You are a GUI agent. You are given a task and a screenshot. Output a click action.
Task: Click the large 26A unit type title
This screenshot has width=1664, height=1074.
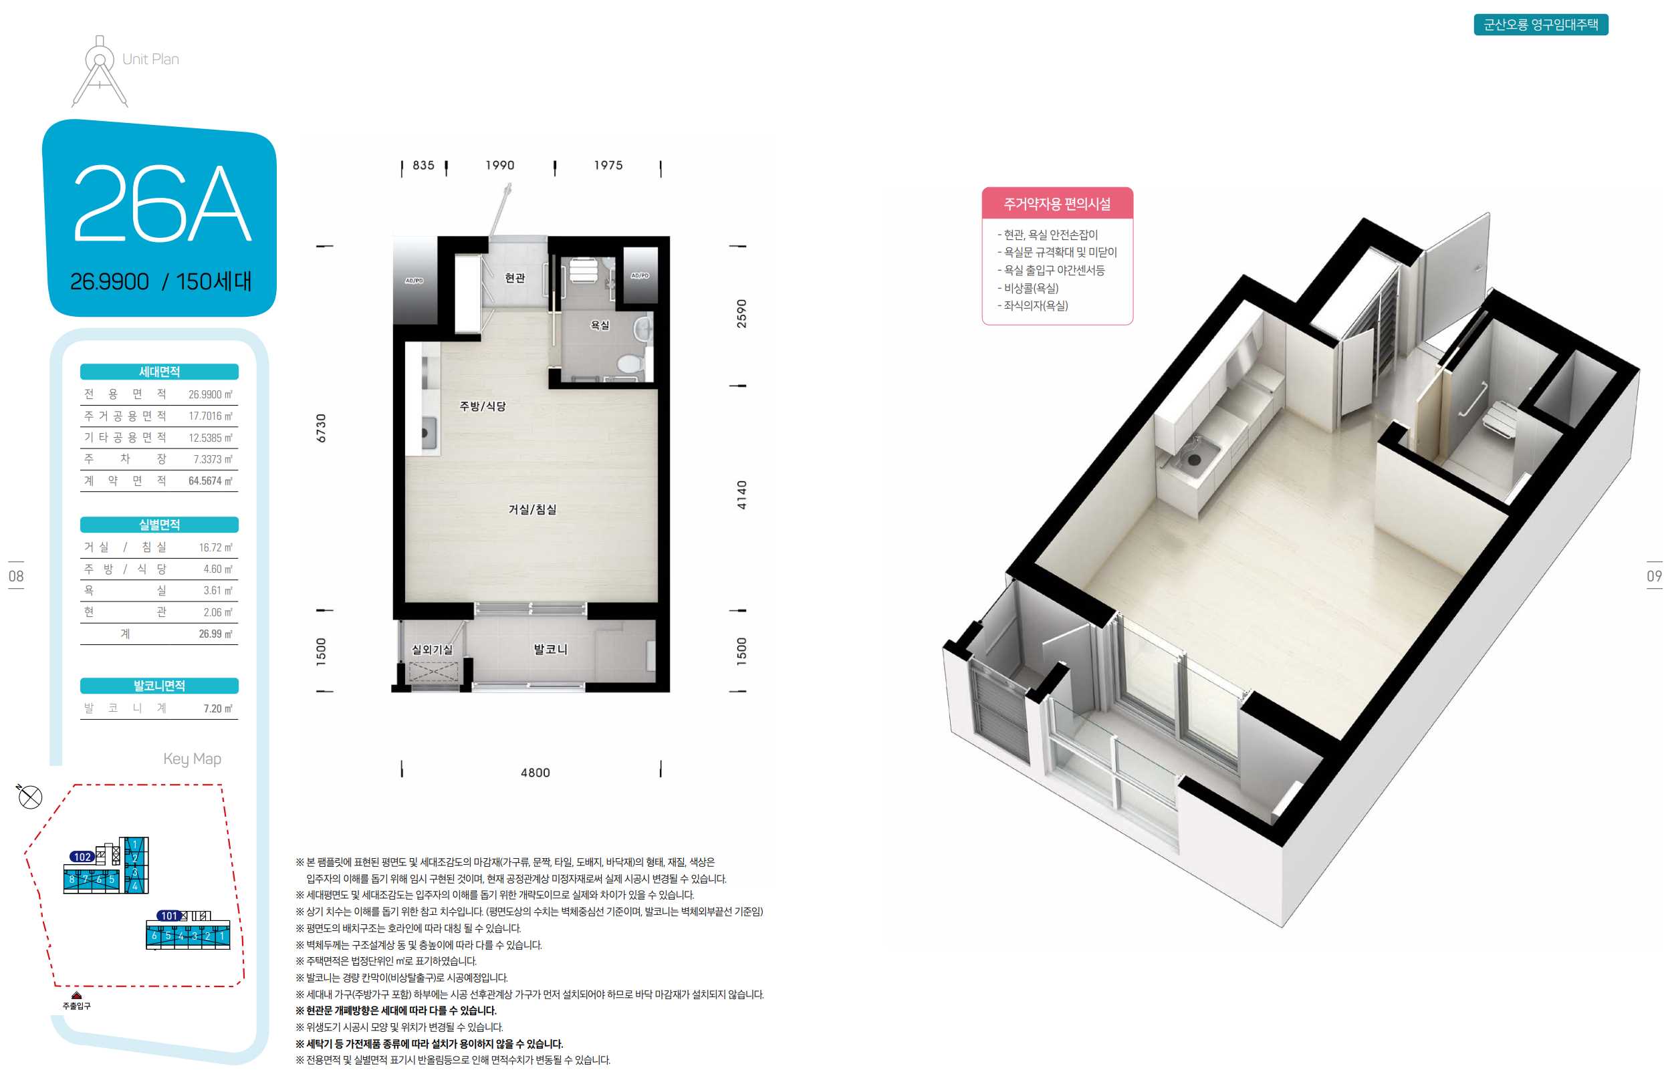click(162, 203)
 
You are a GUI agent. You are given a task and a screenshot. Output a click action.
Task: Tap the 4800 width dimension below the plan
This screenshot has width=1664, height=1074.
click(535, 773)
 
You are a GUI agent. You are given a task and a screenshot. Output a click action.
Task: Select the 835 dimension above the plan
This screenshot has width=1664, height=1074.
click(423, 165)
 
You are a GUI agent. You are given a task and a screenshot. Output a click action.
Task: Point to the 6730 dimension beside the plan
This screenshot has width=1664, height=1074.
click(321, 428)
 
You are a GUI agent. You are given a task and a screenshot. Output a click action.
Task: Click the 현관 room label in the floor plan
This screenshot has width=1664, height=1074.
click(515, 277)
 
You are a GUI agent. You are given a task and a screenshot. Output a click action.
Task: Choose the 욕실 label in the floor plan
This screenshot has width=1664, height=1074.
click(600, 325)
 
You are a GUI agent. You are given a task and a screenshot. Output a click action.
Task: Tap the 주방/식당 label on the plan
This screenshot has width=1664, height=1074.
click(483, 406)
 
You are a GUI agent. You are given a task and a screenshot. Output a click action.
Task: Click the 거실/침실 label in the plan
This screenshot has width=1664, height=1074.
click(532, 509)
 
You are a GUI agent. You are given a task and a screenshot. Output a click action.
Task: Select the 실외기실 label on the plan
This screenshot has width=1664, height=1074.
click(432, 650)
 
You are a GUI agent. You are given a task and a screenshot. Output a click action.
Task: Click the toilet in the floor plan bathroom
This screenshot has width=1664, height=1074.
click(630, 363)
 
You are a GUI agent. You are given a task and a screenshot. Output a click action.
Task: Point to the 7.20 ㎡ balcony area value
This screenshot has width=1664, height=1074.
click(217, 708)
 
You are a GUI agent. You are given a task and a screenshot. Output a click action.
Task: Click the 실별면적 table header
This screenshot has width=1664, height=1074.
click(159, 525)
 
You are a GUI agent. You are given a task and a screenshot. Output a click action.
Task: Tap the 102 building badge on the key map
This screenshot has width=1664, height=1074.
click(82, 856)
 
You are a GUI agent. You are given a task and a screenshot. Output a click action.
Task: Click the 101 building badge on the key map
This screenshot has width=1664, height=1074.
click(169, 916)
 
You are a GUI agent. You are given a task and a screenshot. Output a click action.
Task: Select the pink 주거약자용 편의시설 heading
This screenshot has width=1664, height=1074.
click(1056, 204)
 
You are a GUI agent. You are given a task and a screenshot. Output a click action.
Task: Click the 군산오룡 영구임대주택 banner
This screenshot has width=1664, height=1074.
click(1540, 25)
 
